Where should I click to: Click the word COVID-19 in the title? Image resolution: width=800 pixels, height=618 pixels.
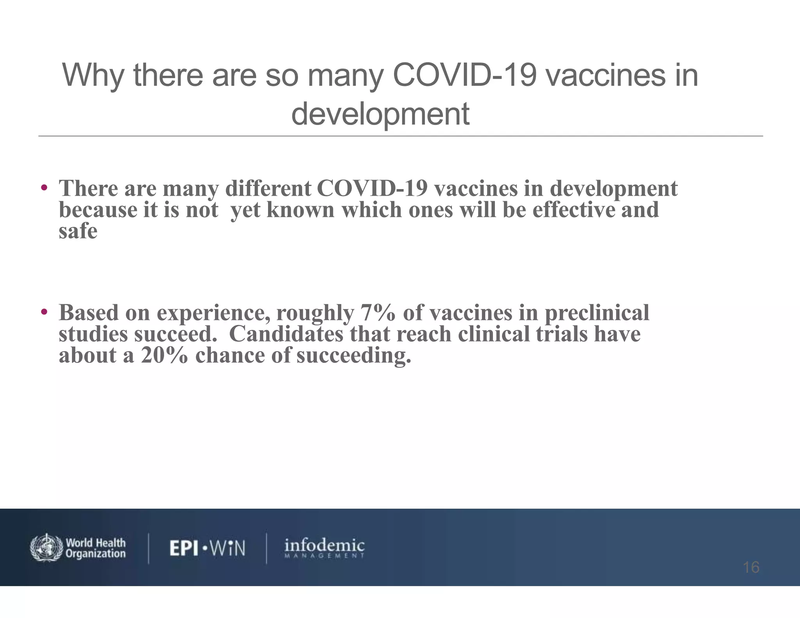(x=464, y=75)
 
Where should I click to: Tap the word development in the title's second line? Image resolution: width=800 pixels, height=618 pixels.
(x=380, y=114)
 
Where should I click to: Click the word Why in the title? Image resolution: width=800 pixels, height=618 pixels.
(x=93, y=76)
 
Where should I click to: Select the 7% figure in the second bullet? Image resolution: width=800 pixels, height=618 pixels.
(x=377, y=313)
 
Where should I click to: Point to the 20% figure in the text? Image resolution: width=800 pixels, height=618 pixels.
(x=164, y=355)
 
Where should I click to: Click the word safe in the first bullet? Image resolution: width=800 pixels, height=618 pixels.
(x=78, y=231)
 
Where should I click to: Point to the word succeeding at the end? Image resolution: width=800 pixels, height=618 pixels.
(x=354, y=356)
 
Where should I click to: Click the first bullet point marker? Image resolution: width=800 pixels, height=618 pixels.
(x=44, y=187)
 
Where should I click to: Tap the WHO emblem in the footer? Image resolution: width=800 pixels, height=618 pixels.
(x=46, y=547)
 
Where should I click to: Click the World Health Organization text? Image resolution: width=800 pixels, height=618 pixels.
(x=96, y=548)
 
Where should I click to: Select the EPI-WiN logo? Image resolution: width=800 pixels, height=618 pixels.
(x=207, y=548)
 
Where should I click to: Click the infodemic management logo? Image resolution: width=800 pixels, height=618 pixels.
(x=324, y=548)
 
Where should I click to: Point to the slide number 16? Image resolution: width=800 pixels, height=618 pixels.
(x=751, y=567)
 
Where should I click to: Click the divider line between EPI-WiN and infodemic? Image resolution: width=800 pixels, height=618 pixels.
(x=266, y=548)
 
